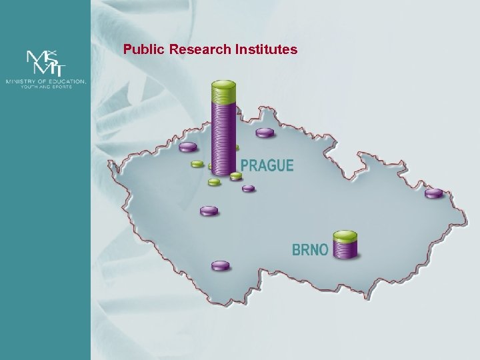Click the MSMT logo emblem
coord(45,64)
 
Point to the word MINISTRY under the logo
coord(21,81)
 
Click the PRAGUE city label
coord(267,165)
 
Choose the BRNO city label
coord(310,250)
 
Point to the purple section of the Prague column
coord(223,133)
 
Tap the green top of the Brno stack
coord(345,235)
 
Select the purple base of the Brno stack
coord(345,249)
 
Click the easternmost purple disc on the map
coord(434,193)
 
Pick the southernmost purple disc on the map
coord(220,265)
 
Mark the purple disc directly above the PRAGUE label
coord(265,132)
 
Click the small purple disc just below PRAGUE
coord(249,188)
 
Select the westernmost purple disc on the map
coord(188,147)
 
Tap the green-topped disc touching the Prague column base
coord(236,176)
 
